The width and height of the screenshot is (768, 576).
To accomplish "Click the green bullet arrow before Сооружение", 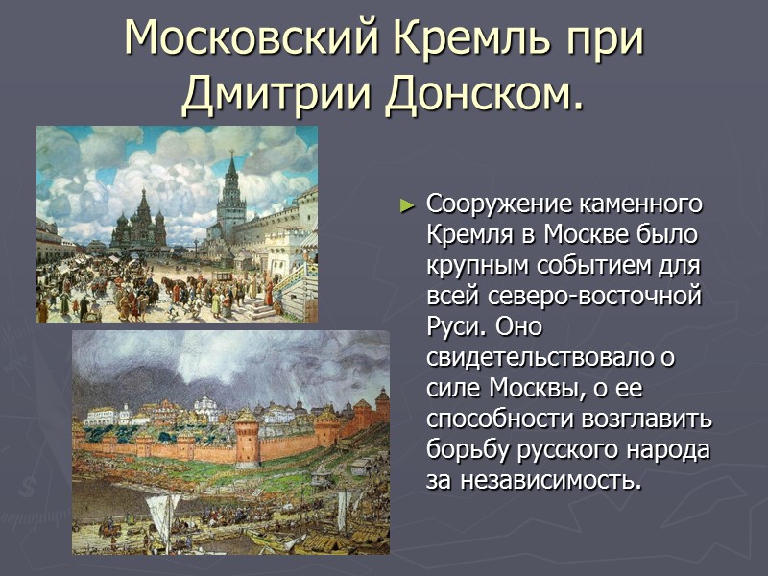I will point(407,205).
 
